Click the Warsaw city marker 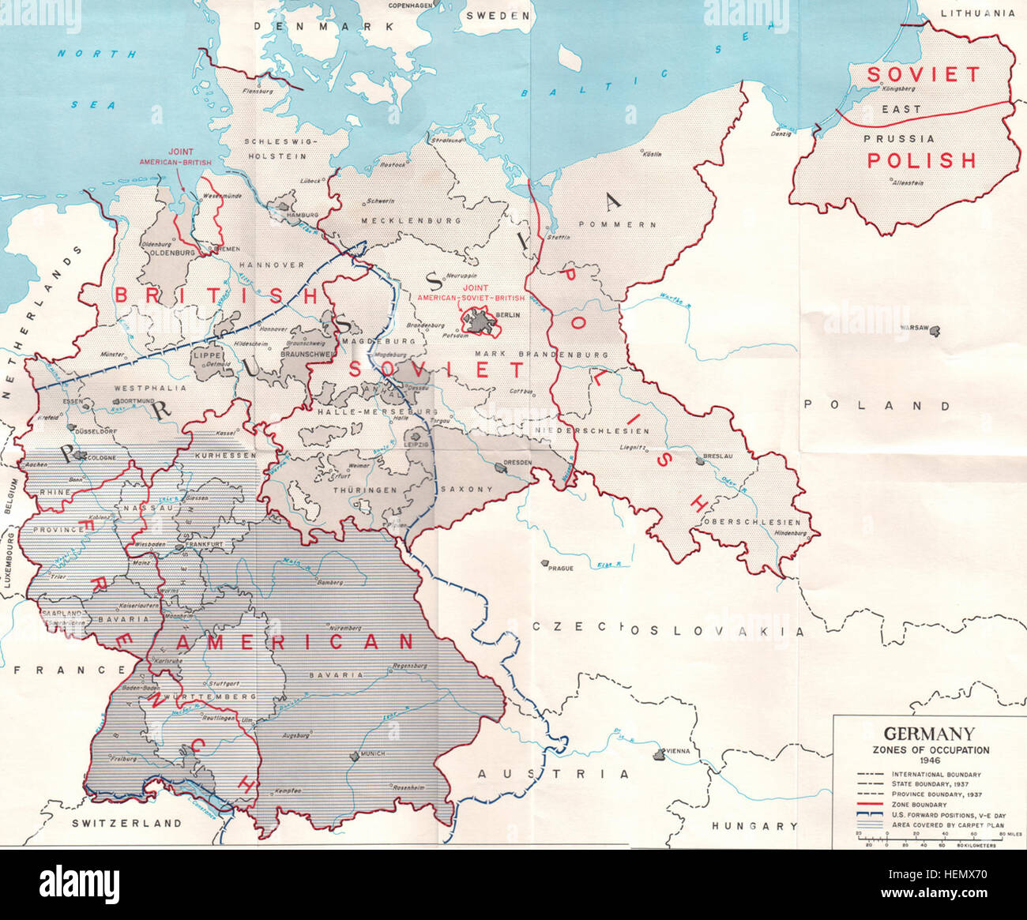936,331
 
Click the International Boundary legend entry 936,774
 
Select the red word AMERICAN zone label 294,642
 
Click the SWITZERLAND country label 126,823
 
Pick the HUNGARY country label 754,826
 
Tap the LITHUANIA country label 977,13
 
